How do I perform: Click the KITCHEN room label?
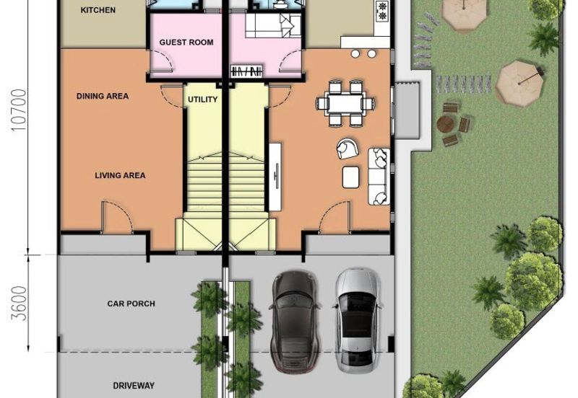[x=98, y=10]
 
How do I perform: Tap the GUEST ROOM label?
[x=186, y=43]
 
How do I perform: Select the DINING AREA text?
[x=103, y=96]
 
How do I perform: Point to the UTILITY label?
[x=202, y=99]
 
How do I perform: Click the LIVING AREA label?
[x=120, y=175]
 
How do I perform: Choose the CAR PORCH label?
[x=131, y=304]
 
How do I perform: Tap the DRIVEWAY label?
[x=134, y=386]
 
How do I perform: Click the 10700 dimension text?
[x=20, y=110]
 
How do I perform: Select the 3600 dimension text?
[x=20, y=304]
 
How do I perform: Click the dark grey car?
[x=294, y=322]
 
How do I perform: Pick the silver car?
[x=356, y=321]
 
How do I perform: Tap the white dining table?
[x=345, y=104]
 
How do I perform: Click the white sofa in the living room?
[x=379, y=176]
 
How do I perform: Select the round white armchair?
[x=348, y=149]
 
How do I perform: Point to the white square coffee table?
[x=351, y=177]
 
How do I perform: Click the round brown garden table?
[x=447, y=124]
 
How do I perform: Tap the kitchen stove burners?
[x=382, y=11]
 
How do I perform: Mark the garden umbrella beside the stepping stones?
[x=519, y=84]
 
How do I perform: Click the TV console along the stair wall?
[x=275, y=177]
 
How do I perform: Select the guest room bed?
[x=273, y=25]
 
